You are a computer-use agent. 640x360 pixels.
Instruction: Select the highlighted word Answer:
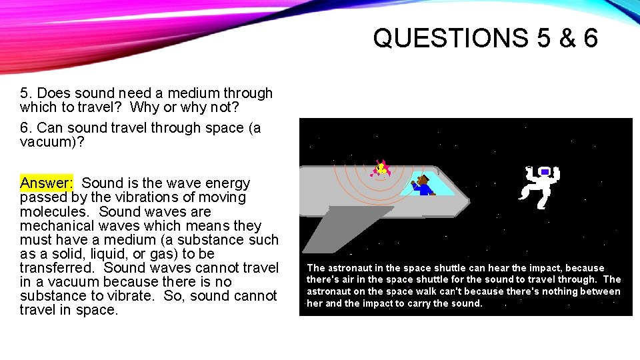(x=46, y=183)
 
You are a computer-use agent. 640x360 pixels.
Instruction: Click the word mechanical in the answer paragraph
(x=54, y=226)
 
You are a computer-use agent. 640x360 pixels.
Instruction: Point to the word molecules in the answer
(x=53, y=211)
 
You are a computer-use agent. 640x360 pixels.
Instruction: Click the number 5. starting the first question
(x=26, y=93)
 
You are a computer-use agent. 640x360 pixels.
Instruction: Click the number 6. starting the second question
(x=26, y=128)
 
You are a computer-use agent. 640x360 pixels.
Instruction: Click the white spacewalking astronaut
(x=539, y=185)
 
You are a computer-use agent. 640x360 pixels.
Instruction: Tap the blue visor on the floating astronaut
(x=545, y=172)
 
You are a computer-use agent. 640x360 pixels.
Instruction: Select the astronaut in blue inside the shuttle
(x=423, y=185)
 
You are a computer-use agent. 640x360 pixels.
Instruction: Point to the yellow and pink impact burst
(x=381, y=167)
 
